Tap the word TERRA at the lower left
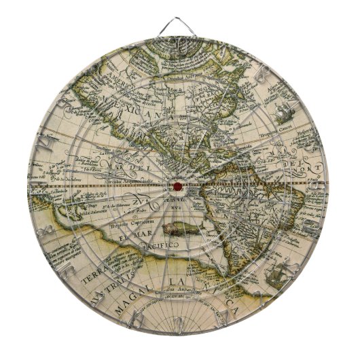point(86,279)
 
